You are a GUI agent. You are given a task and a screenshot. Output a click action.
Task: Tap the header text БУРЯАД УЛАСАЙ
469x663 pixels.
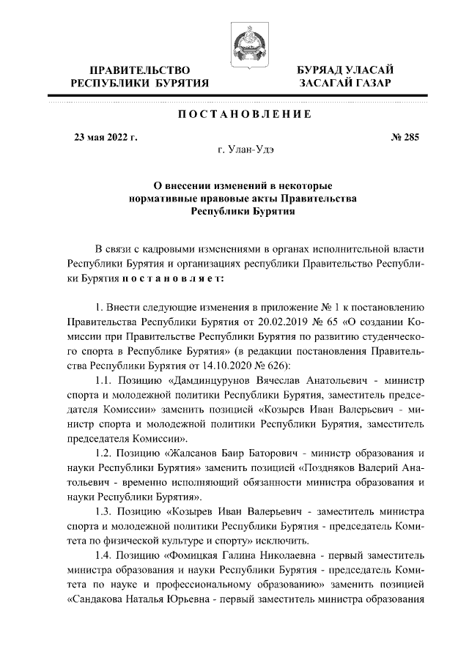pyautogui.click(x=344, y=70)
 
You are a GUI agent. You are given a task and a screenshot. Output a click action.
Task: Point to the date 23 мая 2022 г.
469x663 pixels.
pyautogui.click(x=106, y=136)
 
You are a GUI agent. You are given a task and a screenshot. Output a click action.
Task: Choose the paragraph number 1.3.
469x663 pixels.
pyautogui.click(x=106, y=513)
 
